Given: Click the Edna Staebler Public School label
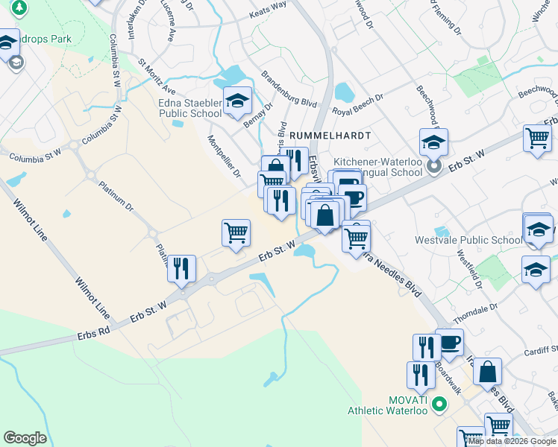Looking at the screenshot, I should [189, 109].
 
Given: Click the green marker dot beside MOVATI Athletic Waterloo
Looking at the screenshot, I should [439, 405].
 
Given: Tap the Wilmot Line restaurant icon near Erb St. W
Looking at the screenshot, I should [181, 269].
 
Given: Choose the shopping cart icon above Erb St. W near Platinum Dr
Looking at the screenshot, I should [236, 232].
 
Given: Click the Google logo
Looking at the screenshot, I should [25, 438].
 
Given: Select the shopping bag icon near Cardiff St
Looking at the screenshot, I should [486, 371].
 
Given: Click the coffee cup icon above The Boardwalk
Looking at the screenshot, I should [449, 343].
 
